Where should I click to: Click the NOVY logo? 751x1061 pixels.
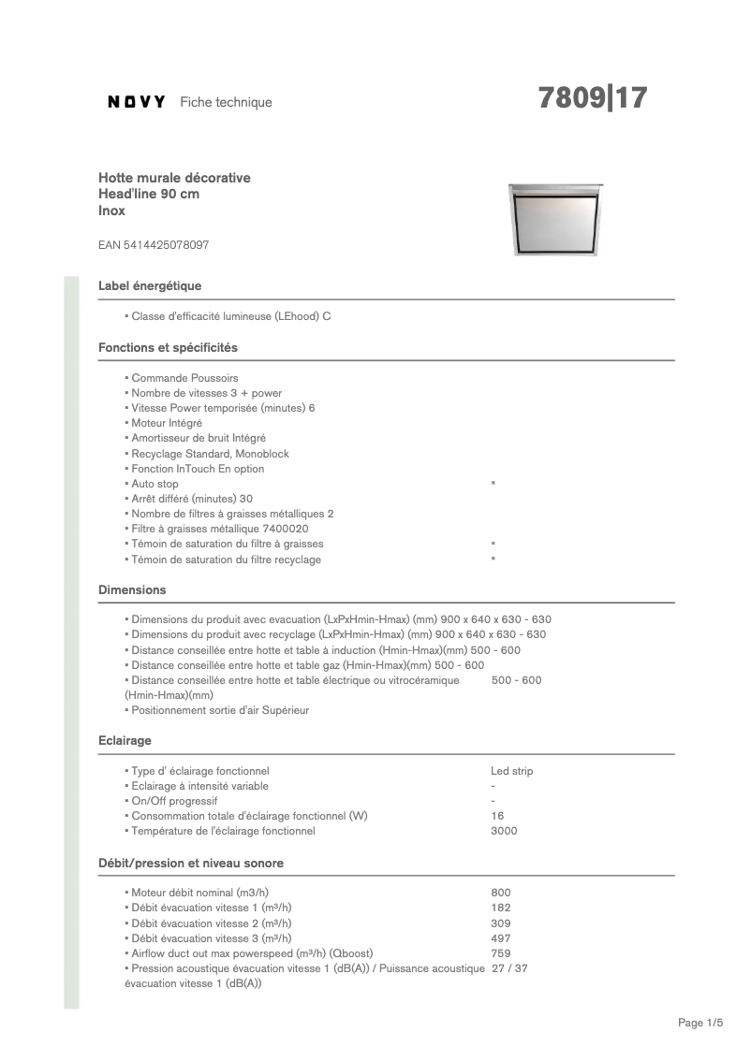(x=137, y=102)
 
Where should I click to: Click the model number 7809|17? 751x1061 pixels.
(x=592, y=98)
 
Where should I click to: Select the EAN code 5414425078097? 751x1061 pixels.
(x=154, y=245)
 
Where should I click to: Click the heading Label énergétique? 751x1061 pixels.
(x=150, y=285)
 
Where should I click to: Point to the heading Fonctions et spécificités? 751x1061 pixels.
(x=168, y=347)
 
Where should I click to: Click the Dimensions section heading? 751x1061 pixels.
(x=132, y=589)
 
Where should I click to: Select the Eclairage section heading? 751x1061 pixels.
(x=125, y=740)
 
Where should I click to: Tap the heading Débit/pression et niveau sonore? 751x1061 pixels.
(x=191, y=863)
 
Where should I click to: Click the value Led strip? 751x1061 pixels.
(x=511, y=771)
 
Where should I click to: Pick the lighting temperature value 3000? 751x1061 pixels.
(x=504, y=831)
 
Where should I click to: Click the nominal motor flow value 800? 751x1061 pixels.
(x=500, y=893)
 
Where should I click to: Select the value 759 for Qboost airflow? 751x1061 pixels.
(x=500, y=952)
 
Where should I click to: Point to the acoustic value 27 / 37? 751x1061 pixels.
(x=509, y=968)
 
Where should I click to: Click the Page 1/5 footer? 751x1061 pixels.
(x=700, y=1023)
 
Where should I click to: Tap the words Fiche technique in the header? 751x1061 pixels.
(x=226, y=102)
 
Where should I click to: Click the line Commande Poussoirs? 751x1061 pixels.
(x=184, y=378)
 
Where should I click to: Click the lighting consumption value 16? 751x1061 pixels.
(x=497, y=816)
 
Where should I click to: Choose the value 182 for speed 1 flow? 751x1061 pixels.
(x=500, y=908)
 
